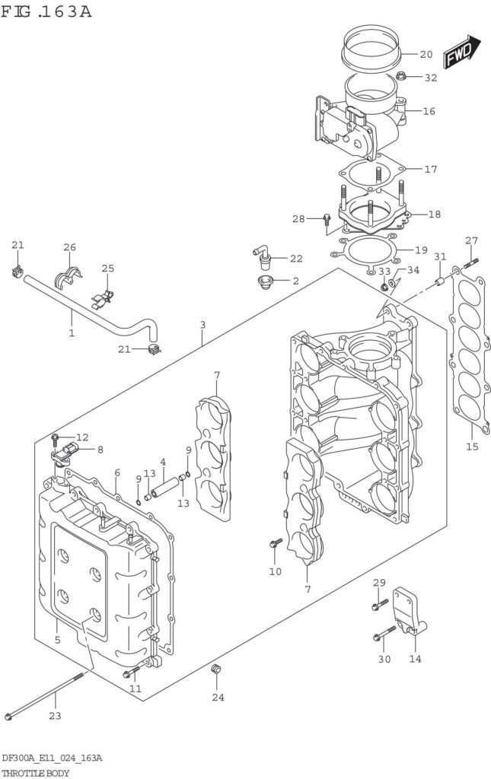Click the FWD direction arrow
pyautogui.click(x=462, y=51)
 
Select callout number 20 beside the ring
pyautogui.click(x=426, y=54)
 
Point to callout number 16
pyautogui.click(x=429, y=111)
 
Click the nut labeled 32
pyautogui.click(x=403, y=76)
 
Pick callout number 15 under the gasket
pyautogui.click(x=472, y=447)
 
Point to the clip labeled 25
pyautogui.click(x=104, y=295)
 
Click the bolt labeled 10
pyautogui.click(x=276, y=543)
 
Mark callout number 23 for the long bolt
pyautogui.click(x=54, y=715)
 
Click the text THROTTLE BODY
pyautogui.click(x=37, y=772)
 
